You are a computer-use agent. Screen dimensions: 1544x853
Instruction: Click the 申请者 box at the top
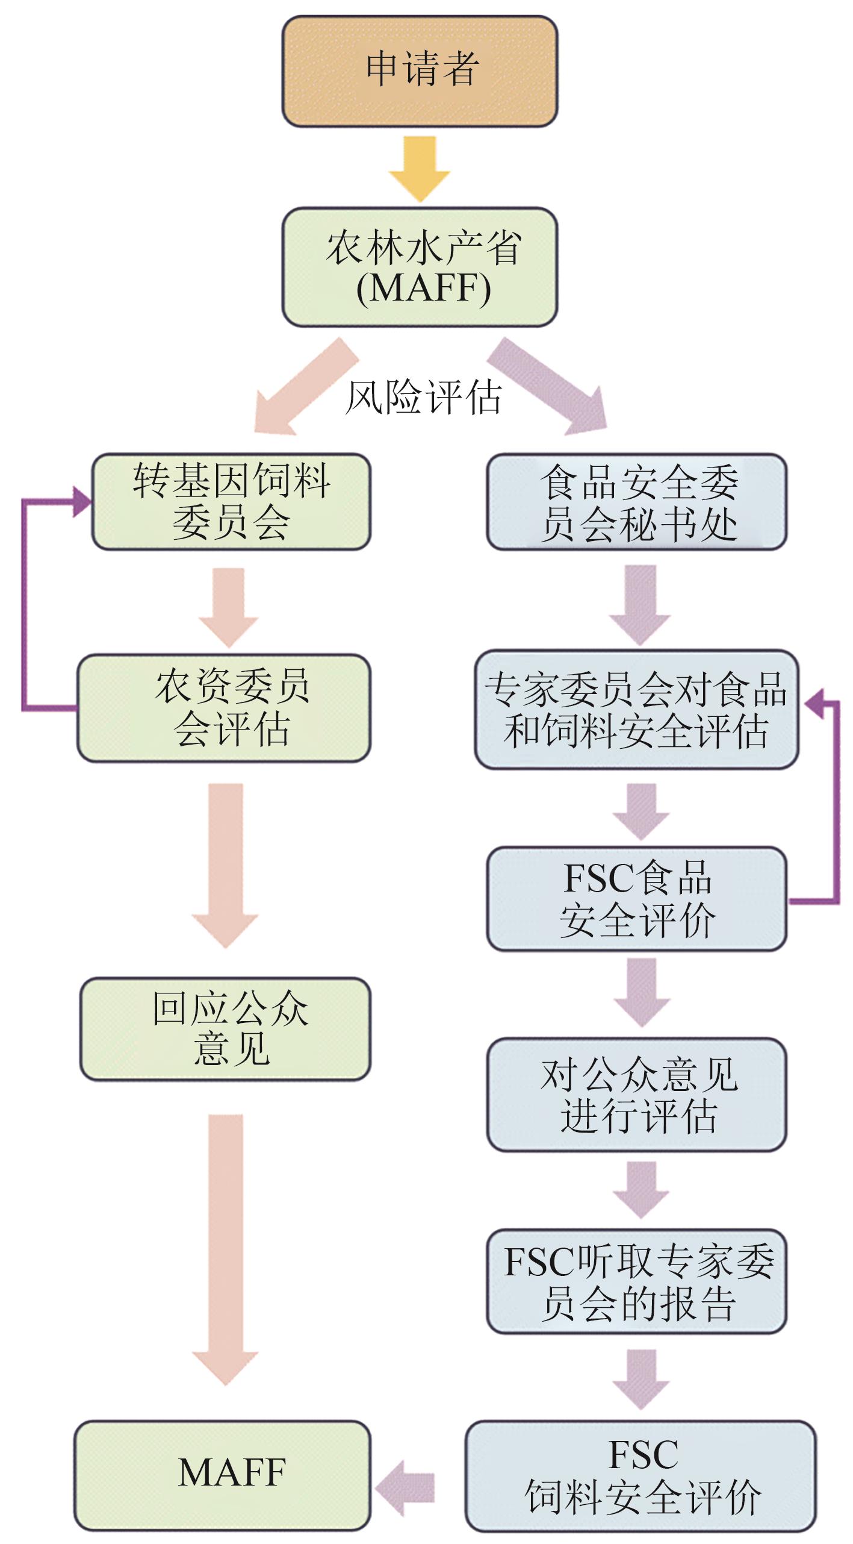[420, 70]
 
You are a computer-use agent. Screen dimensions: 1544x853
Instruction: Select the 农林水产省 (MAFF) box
[420, 267]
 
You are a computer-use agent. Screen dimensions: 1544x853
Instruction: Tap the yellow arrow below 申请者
[420, 168]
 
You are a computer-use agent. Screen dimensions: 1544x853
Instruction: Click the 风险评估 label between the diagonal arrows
[423, 398]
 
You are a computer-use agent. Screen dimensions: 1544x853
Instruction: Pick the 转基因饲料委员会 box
[231, 501]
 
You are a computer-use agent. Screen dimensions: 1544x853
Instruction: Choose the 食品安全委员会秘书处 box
[636, 502]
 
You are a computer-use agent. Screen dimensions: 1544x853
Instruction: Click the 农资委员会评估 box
[224, 708]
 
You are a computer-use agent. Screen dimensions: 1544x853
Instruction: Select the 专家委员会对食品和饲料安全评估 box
[636, 709]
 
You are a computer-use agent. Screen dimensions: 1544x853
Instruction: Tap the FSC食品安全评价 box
[636, 899]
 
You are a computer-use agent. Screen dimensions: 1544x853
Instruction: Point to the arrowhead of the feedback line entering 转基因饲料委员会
[82, 501]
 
